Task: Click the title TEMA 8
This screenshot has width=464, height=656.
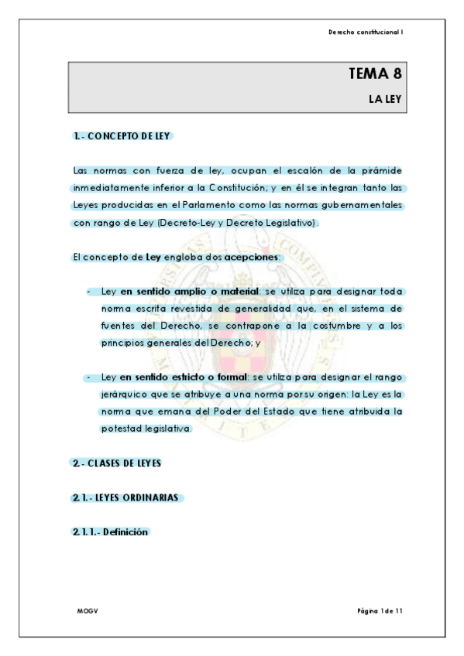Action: [376, 75]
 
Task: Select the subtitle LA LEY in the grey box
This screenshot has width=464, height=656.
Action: [385, 99]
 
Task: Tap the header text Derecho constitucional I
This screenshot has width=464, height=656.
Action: [366, 32]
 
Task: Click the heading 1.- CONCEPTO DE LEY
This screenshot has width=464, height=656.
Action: [122, 136]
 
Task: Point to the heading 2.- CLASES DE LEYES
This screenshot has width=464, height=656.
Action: [116, 463]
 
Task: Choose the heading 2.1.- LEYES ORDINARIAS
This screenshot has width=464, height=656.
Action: [126, 497]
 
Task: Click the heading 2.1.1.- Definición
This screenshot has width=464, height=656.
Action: [109, 532]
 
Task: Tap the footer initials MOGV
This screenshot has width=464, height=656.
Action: [87, 611]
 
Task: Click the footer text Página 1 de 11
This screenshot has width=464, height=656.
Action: [380, 611]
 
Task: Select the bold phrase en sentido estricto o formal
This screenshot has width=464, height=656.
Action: [180, 378]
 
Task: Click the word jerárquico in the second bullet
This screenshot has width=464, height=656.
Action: [124, 395]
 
